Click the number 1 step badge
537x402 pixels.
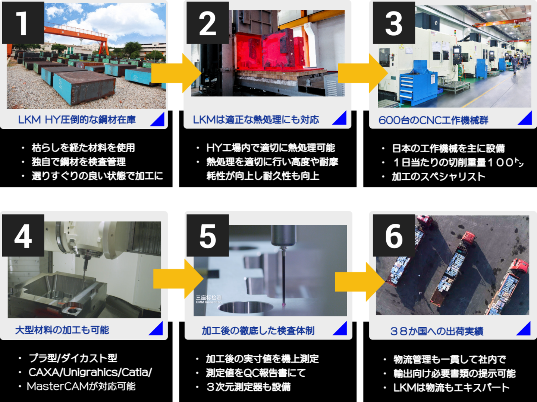coord(23,23)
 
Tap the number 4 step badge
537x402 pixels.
coord(23,236)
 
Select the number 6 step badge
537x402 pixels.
coord(394,236)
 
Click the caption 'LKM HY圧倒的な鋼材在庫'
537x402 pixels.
coord(77,120)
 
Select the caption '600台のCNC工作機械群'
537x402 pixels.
coord(433,121)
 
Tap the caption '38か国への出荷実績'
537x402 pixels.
coord(436,331)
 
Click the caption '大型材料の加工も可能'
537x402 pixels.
coord(62,330)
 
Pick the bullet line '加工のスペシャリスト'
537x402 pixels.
coord(438,176)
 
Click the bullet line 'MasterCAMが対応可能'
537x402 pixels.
coord(81,386)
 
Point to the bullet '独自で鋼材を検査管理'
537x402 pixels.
coord(78,162)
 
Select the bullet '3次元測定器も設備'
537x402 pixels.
coord(248,387)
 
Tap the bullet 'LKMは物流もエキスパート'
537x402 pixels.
coord(451,388)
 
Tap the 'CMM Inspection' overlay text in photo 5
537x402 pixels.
coord(208,302)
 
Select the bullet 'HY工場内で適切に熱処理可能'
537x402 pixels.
coord(270,148)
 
